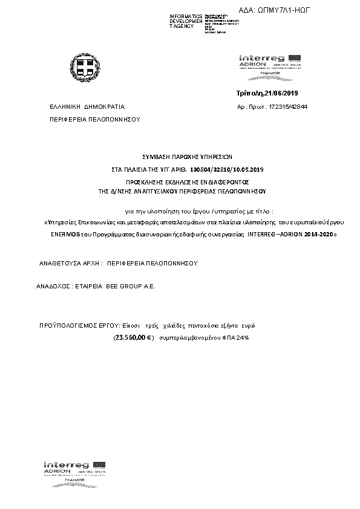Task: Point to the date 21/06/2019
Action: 282,93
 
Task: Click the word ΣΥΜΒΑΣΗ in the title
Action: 157,156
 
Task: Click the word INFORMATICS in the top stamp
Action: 186,16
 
